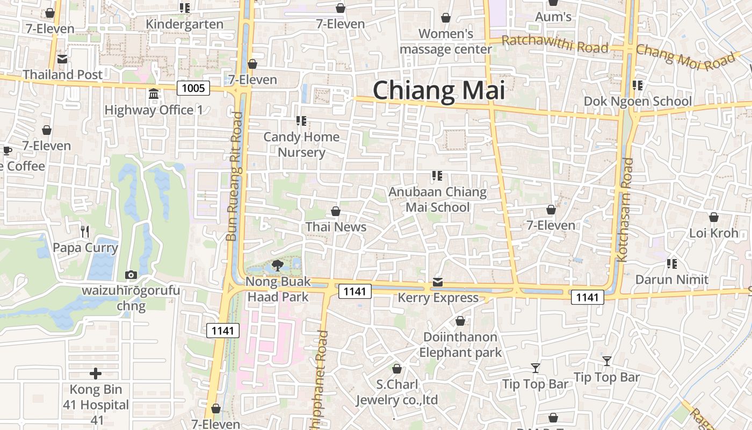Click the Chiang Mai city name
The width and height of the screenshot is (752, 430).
click(439, 90)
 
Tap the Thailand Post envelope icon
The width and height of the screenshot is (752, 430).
click(62, 59)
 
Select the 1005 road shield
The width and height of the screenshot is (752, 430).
click(193, 88)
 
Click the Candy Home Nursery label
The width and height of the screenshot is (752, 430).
click(301, 145)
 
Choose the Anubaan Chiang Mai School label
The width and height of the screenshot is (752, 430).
click(437, 199)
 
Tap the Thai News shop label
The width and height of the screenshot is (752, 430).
click(336, 227)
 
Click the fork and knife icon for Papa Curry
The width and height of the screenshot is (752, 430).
click(84, 232)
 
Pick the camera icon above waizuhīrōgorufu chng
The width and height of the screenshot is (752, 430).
click(131, 275)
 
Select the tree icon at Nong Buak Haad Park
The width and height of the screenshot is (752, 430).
click(278, 264)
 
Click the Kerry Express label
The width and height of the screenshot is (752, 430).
click(438, 298)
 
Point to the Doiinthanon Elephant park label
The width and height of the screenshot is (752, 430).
click(460, 345)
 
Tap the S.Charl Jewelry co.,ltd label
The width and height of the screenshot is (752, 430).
click(397, 392)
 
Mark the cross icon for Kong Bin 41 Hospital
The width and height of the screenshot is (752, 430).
click(96, 374)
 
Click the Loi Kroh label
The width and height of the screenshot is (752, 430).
click(714, 233)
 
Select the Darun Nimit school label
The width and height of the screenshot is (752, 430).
click(671, 279)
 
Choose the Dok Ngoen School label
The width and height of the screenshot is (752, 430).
click(638, 101)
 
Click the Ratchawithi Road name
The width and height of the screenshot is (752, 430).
click(555, 45)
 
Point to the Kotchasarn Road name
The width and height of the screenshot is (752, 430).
click(625, 210)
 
